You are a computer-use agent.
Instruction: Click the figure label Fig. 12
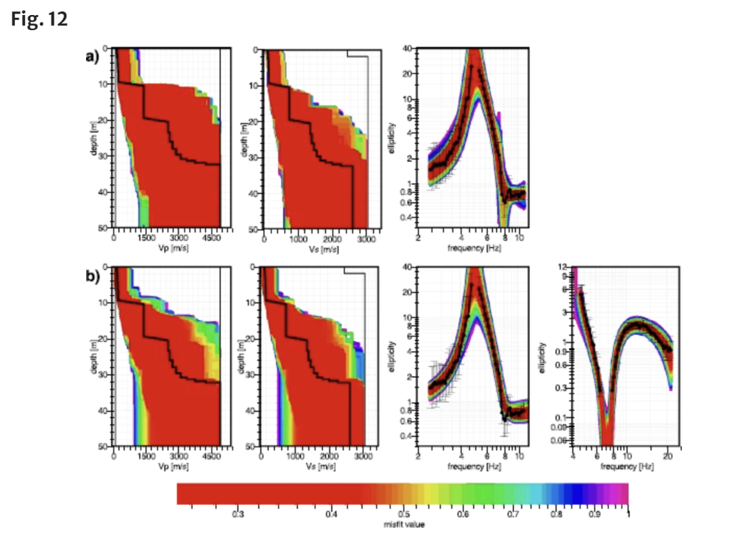pos(39,19)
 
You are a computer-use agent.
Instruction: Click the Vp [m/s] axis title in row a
pos(167,248)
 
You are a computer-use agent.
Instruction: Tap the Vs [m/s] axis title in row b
pos(316,466)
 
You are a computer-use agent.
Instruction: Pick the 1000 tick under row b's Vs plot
pos(297,457)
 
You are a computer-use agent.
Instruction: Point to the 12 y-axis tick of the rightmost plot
pos(566,266)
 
